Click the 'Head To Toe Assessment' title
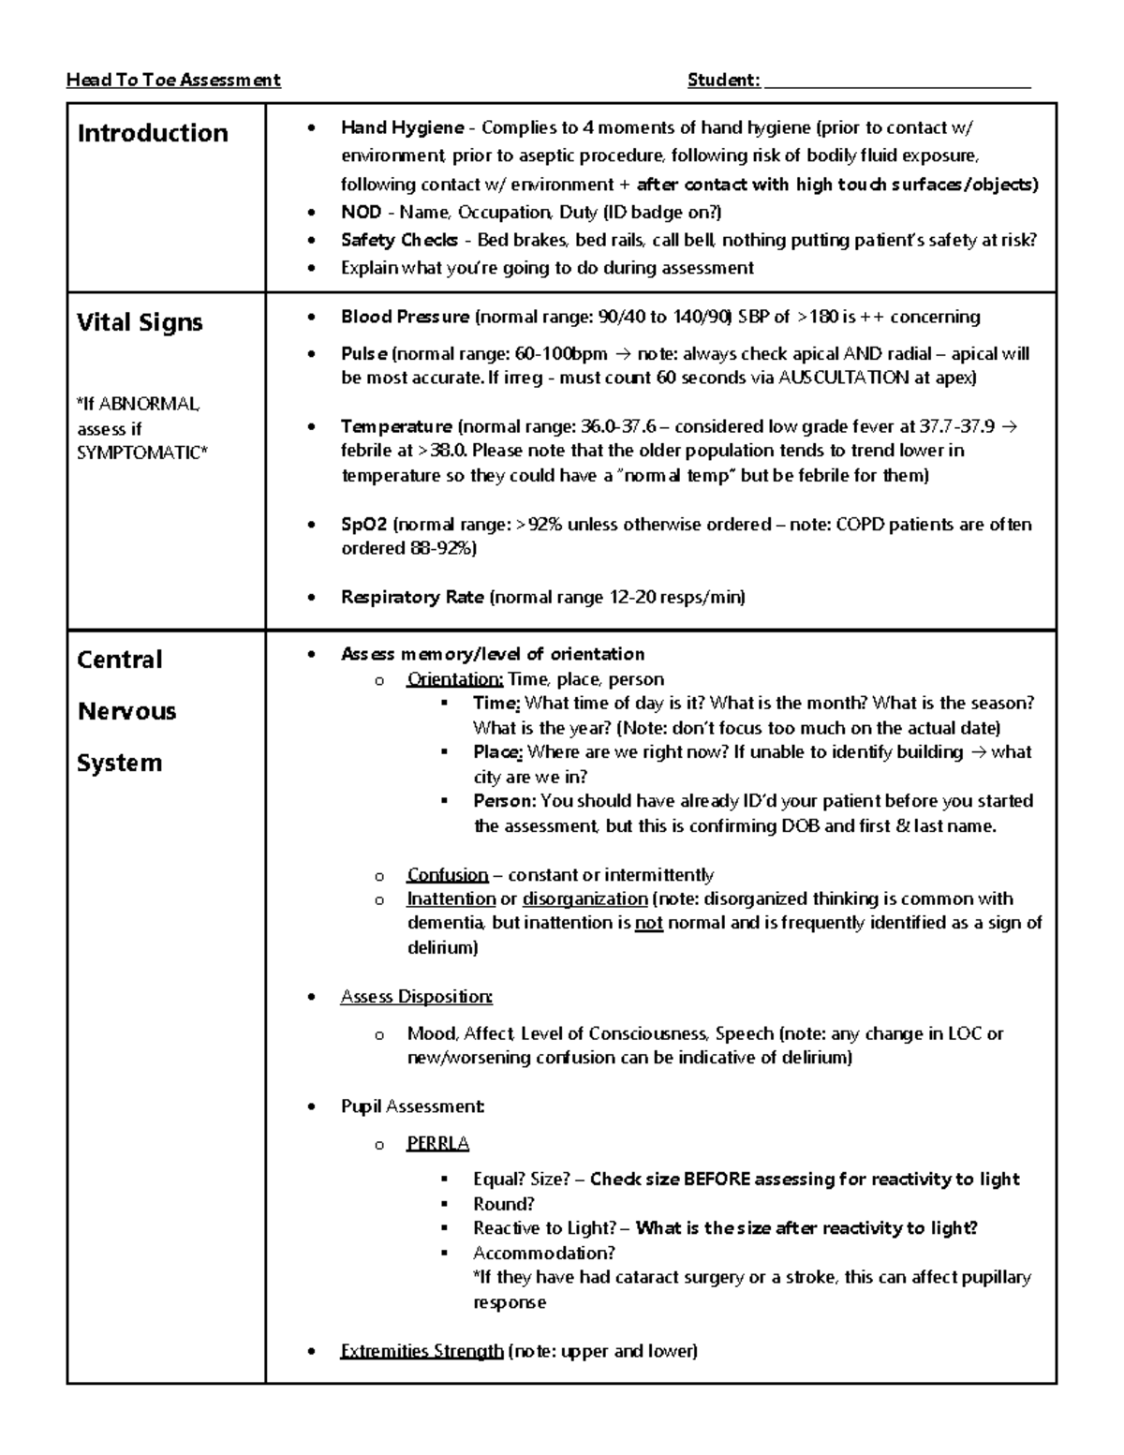click(173, 81)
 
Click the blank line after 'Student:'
click(897, 82)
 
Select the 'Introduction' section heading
click(153, 133)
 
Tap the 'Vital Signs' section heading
click(140, 322)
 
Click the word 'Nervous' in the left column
click(126, 711)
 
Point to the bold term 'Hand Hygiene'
click(402, 127)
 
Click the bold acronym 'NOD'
click(361, 213)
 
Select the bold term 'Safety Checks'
click(399, 240)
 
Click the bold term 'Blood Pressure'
click(405, 317)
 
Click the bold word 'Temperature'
click(396, 427)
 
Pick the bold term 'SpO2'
click(363, 525)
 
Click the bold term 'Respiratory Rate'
click(412, 598)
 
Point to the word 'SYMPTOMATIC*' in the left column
click(142, 453)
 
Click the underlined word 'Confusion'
click(447, 875)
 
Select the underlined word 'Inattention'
click(451, 899)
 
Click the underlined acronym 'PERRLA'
click(437, 1144)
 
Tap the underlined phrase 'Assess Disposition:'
click(416, 997)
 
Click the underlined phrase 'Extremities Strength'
click(421, 1351)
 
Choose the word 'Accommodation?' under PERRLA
click(543, 1254)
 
